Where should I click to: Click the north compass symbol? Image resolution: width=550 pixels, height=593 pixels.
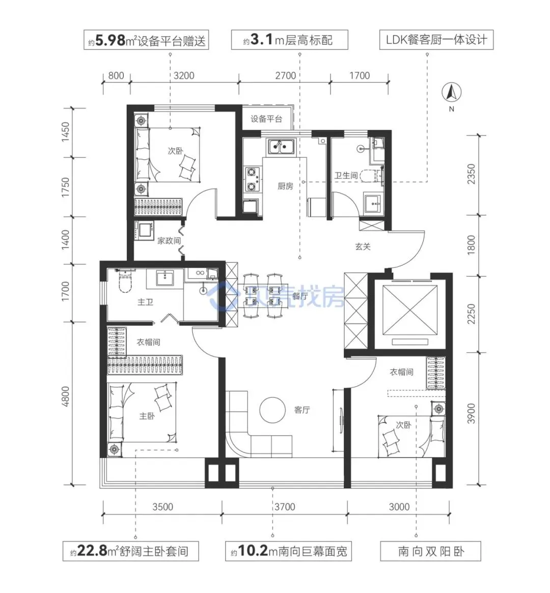451,93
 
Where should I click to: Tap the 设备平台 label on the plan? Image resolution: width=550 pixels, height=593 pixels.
266,119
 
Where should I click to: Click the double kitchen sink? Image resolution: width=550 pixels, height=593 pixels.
281,147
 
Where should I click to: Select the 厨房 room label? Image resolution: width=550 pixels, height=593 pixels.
285,186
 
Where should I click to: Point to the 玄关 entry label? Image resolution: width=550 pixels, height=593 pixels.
363,247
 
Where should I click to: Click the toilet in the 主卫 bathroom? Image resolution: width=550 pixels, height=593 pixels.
125,282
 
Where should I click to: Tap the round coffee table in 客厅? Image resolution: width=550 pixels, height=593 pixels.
272,410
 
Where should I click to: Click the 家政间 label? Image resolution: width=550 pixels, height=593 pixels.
169,240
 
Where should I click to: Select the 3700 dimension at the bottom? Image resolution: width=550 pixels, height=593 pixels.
285,507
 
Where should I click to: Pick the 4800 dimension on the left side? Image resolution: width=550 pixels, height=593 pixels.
66,396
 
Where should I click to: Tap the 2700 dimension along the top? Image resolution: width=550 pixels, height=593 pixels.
285,75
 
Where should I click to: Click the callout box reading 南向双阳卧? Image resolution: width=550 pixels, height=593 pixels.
430,551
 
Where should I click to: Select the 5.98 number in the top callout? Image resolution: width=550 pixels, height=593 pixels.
111,40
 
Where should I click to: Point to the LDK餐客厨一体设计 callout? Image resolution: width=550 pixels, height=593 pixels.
436,40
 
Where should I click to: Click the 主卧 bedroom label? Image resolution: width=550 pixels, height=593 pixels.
147,416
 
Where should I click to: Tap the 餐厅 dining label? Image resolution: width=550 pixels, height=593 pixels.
300,296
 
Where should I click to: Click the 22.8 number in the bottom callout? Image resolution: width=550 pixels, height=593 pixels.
93,551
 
